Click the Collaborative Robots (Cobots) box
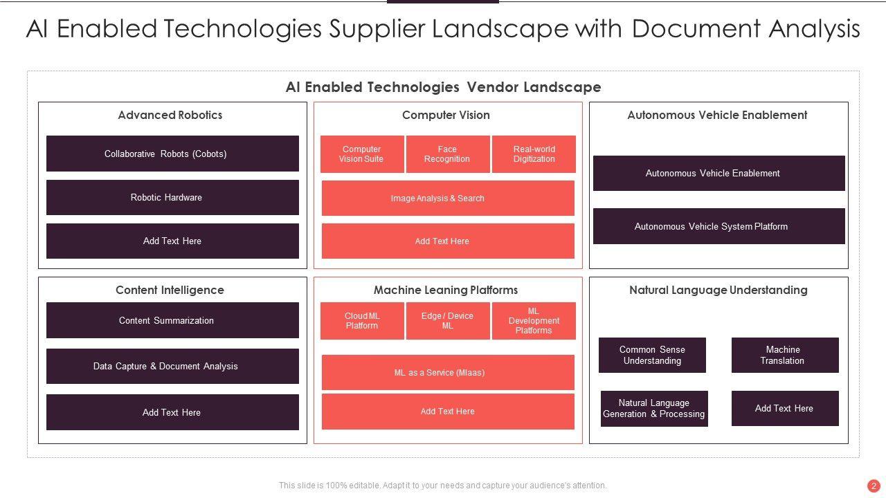point(172,154)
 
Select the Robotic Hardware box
point(172,198)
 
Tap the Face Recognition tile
point(447,154)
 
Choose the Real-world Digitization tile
point(534,154)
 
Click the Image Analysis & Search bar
point(448,199)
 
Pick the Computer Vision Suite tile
point(361,154)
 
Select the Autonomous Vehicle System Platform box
point(718,226)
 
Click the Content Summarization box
point(172,320)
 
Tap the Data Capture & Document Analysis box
point(172,366)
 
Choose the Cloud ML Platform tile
point(362,321)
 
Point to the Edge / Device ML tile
point(447,321)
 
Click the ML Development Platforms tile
point(534,321)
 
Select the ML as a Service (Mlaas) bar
point(448,373)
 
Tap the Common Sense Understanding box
point(652,355)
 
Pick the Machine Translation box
point(785,355)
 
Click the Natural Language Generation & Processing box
point(654,409)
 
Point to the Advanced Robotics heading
point(170,115)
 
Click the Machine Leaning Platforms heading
point(446,290)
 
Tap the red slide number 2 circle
point(874,486)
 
